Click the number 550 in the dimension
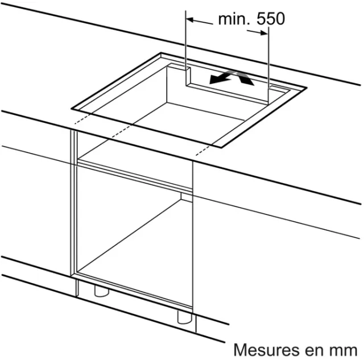click(271, 19)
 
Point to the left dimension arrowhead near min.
click(190, 20)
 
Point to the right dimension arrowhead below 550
click(264, 33)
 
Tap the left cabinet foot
click(101, 291)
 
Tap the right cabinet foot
click(185, 317)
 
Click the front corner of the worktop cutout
click(221, 147)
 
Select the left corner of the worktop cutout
click(72, 109)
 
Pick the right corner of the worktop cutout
click(307, 88)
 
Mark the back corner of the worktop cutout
click(161, 53)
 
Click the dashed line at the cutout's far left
click(82, 119)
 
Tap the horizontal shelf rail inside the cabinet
click(135, 175)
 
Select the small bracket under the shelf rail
click(187, 197)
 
